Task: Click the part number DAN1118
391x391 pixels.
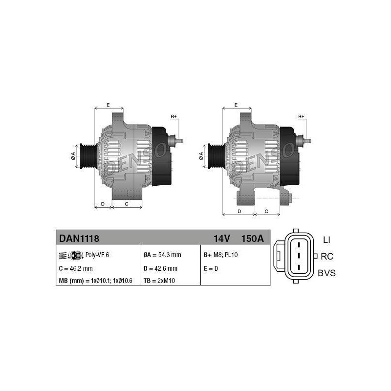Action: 79,239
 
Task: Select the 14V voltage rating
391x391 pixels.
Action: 221,239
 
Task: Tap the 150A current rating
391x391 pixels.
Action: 252,239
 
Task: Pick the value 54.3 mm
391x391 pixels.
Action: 170,255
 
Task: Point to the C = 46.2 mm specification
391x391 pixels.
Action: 76,268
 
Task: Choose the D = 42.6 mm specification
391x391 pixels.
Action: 160,268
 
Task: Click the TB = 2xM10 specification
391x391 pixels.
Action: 159,281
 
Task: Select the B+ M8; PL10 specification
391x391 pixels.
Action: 221,255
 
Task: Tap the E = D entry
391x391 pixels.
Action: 211,268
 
